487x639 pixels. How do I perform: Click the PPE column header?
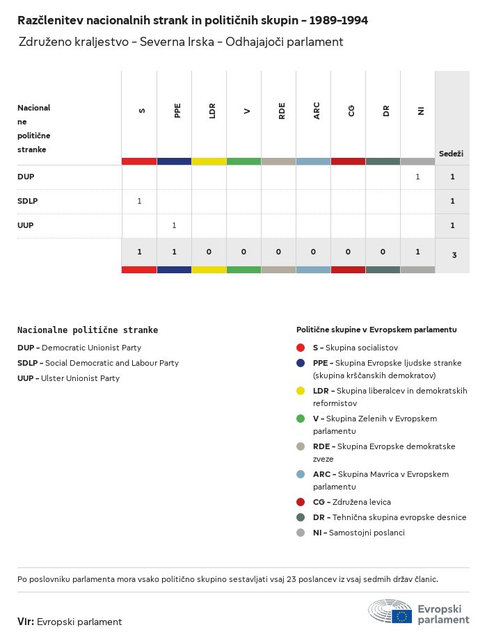click(x=177, y=111)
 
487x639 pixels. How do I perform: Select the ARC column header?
click(x=317, y=111)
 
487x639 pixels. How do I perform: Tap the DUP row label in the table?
click(x=26, y=177)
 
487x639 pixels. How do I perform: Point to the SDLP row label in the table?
click(x=27, y=201)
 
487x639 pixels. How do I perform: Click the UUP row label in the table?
click(x=26, y=225)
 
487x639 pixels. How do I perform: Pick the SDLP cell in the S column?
click(x=139, y=201)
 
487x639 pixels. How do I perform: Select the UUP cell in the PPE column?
click(x=174, y=225)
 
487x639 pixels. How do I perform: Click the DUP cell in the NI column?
click(x=417, y=177)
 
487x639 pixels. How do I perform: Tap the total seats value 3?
click(x=454, y=255)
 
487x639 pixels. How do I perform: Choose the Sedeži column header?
click(x=451, y=154)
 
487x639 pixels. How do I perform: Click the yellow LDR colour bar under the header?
click(x=209, y=161)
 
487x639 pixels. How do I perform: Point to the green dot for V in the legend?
click(x=301, y=419)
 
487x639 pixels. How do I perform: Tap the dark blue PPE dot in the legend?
click(x=301, y=363)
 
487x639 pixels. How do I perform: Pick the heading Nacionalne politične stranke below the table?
click(x=88, y=330)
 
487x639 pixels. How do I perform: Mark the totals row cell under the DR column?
click(x=383, y=252)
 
